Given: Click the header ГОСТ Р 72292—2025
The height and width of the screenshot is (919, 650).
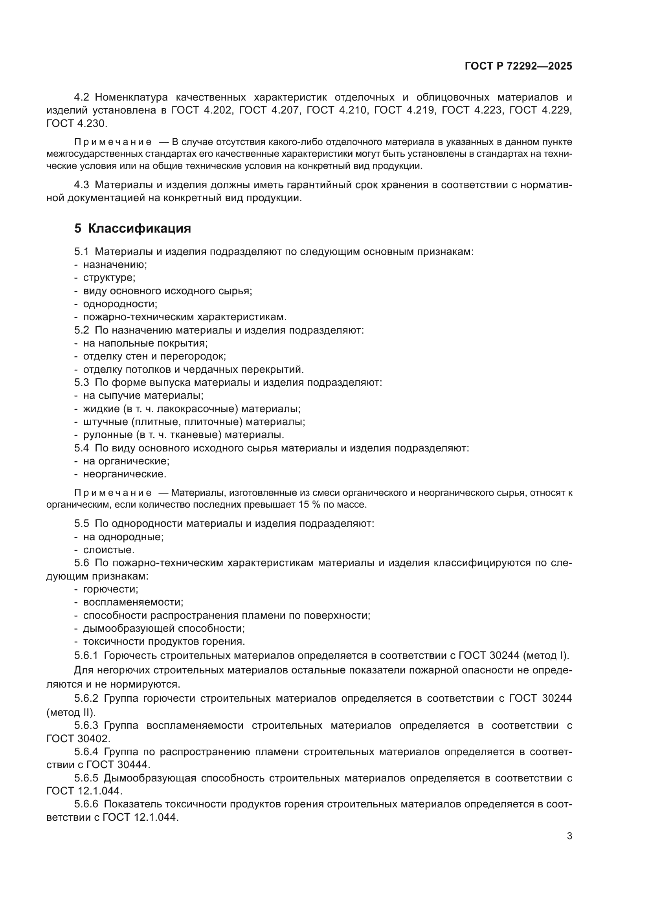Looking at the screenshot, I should (518, 66).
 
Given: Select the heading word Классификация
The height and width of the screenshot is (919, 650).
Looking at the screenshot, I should (139, 229).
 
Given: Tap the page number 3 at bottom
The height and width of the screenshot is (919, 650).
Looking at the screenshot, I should (569, 836).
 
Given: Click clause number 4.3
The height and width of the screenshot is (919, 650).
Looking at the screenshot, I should (82, 185).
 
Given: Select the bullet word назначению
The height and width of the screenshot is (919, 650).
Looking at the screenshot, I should (115, 264).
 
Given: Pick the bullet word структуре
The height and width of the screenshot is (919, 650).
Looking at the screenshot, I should (109, 278).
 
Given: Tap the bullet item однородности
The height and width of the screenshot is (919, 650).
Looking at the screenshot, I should (120, 304).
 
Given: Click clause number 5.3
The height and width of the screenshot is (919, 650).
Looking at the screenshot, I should (82, 382).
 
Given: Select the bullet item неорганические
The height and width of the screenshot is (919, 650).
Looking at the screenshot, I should (125, 474).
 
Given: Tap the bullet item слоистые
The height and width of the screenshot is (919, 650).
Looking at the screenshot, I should (108, 550).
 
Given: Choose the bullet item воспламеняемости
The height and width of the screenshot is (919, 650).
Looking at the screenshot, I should (133, 602).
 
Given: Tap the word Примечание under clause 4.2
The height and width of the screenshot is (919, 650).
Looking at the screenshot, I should (113, 142).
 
